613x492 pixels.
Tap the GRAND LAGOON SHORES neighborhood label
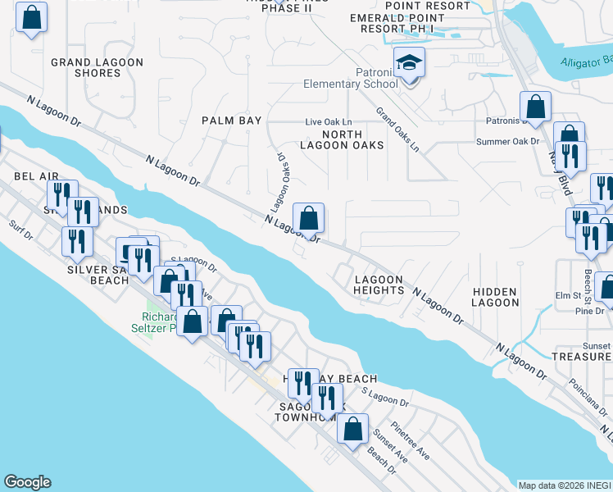coord(97,67)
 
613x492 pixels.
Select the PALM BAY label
coord(232,121)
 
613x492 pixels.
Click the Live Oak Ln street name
coord(328,121)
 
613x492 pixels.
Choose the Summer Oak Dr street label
coord(508,141)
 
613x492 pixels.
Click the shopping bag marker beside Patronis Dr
coord(535,107)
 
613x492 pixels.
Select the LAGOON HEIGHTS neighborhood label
coord(379,285)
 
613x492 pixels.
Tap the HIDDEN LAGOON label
coord(495,297)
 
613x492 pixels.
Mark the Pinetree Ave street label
coord(411,440)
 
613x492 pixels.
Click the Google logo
coord(27,482)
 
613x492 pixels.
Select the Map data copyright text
coord(565,485)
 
